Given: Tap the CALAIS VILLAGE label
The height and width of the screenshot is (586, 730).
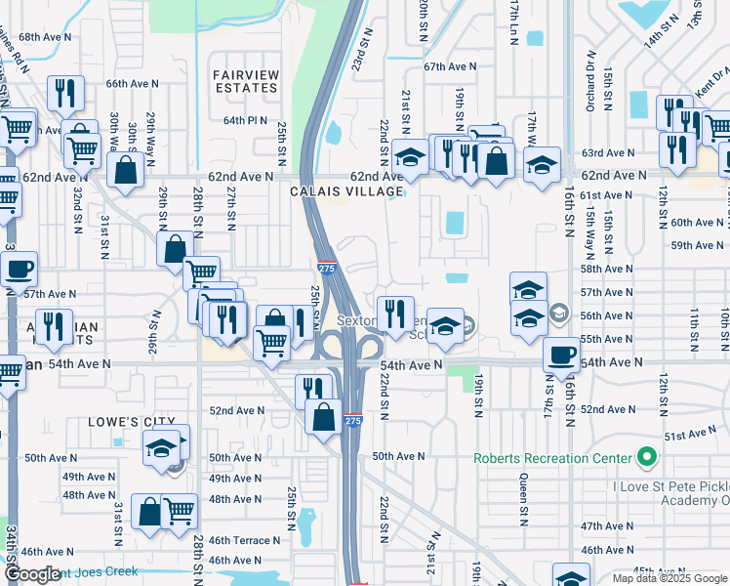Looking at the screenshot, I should point(346,192).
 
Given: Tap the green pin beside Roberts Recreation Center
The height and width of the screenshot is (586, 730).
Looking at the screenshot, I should point(645,457).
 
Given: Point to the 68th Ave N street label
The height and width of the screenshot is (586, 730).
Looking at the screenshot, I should point(45,36).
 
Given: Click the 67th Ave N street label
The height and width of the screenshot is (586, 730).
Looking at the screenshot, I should point(450,66).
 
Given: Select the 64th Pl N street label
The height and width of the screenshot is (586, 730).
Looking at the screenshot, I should point(244,120).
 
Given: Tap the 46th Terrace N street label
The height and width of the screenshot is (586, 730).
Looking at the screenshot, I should point(244,540).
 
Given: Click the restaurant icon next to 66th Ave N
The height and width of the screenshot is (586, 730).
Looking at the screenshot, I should point(65,93).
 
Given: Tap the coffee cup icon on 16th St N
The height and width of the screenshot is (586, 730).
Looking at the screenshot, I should point(560,355).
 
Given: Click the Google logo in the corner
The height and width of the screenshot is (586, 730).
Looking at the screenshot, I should point(32,574).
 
